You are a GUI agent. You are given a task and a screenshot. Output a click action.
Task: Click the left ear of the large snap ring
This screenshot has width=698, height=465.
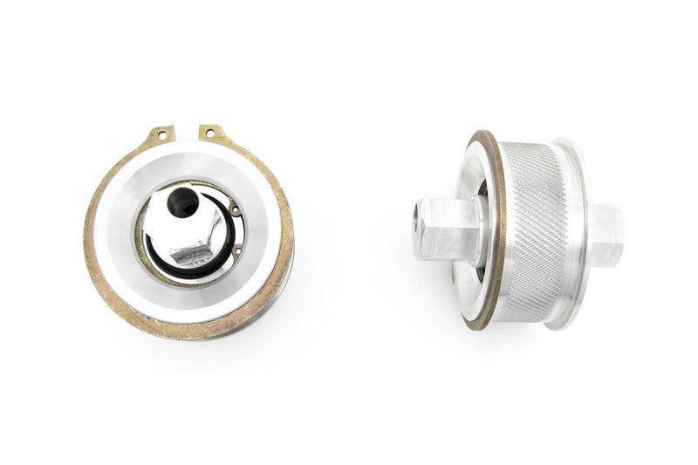pos(162,135)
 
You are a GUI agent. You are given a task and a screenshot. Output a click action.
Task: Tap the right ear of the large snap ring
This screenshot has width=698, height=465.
pos(212,133)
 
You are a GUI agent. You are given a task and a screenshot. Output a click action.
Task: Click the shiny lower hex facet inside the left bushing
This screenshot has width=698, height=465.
pos(192,256)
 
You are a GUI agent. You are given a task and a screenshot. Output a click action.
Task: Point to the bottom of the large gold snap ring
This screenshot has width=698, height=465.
pos(188,330)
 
